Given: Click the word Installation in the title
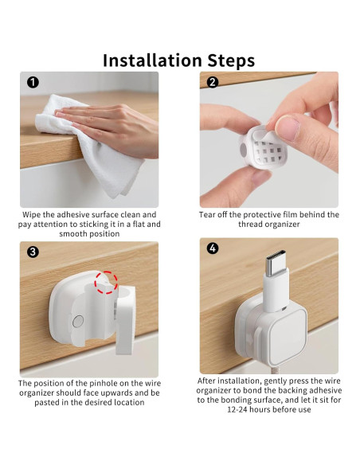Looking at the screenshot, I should [x=151, y=61].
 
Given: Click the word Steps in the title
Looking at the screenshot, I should [x=229, y=61].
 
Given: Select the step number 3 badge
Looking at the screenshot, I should [x=32, y=252].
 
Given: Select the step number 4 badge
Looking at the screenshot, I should [x=212, y=248].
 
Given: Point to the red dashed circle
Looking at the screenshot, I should [x=105, y=283].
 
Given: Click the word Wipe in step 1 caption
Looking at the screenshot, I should [x=35, y=215].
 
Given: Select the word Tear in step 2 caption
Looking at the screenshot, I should [x=209, y=215].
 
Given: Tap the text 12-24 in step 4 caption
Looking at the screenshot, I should [x=244, y=409].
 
